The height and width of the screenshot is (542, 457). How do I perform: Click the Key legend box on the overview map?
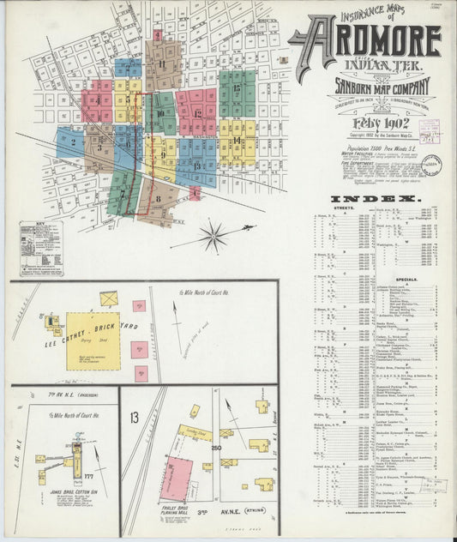tap(44, 249)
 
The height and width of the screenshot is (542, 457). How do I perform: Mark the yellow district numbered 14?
tap(237, 139)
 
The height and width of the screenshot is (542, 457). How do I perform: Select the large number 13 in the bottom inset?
tap(134, 418)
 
